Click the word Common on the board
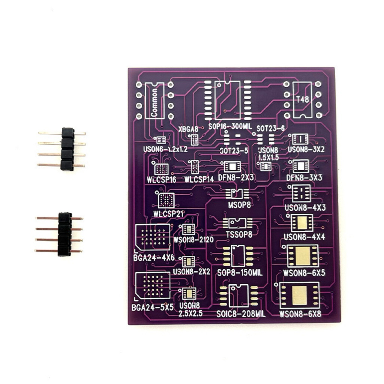pyautogui.click(x=154, y=102)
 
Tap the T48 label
pyautogui.click(x=303, y=99)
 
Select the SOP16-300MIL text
pyautogui.click(x=230, y=126)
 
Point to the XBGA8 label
pyautogui.click(x=188, y=129)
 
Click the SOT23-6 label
pyautogui.click(x=271, y=128)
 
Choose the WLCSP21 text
pyautogui.click(x=168, y=214)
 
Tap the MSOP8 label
pyautogui.click(x=240, y=205)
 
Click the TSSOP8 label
pyautogui.click(x=239, y=235)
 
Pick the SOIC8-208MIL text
pyautogui.click(x=241, y=314)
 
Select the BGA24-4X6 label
pyautogui.click(x=154, y=258)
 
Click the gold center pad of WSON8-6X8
pyautogui.click(x=300, y=295)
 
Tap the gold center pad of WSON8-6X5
pyautogui.click(x=303, y=256)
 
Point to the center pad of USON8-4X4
pyautogui.click(x=302, y=223)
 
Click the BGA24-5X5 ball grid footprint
pyautogui.click(x=153, y=285)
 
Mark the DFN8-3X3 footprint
pyautogui.click(x=301, y=166)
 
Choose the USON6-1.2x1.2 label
pyautogui.click(x=165, y=149)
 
